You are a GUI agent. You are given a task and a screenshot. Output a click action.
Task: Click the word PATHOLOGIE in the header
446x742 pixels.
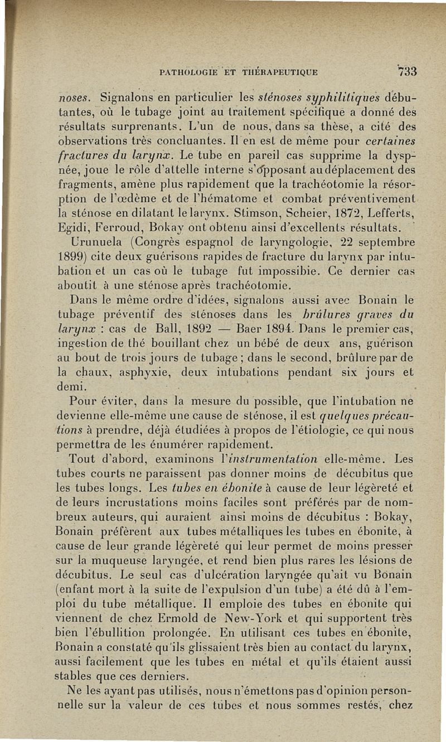pos(186,72)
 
